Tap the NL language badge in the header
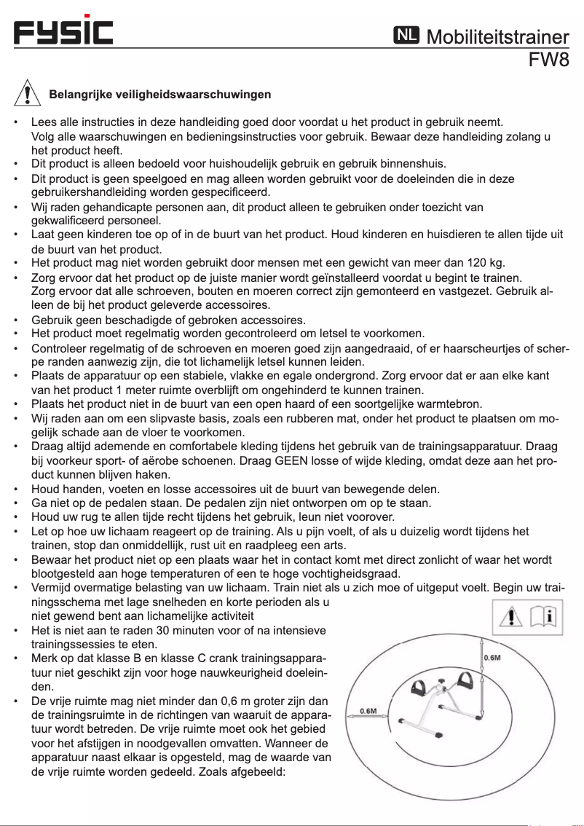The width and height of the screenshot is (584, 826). pyautogui.click(x=406, y=35)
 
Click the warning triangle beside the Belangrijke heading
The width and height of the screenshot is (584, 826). pyautogui.click(x=27, y=93)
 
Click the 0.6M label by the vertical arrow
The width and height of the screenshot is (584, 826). pyautogui.click(x=492, y=658)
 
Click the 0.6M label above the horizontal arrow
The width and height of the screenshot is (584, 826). pyautogui.click(x=368, y=709)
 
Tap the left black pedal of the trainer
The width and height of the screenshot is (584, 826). pyautogui.click(x=421, y=686)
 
